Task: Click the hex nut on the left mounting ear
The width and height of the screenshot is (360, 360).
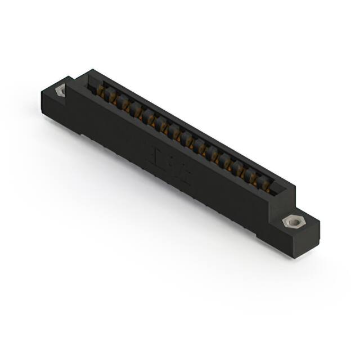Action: [x=60, y=89]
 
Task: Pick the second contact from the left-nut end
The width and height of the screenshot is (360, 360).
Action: [x=112, y=98]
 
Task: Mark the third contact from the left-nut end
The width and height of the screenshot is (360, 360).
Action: [x=124, y=105]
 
